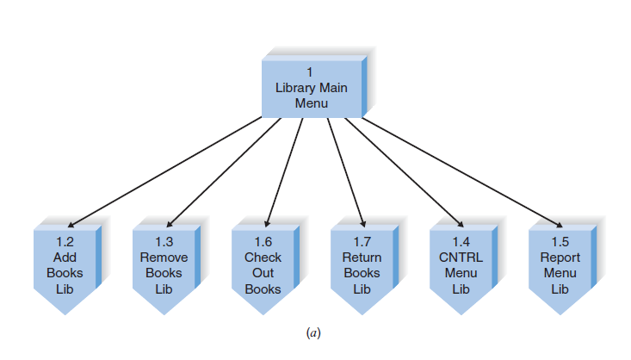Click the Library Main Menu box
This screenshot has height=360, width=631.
[x=311, y=88]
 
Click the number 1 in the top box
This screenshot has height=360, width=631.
[x=311, y=72]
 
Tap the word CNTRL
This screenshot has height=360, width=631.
[x=461, y=258]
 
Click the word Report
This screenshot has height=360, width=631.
[x=560, y=258]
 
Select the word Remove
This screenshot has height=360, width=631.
[x=164, y=258]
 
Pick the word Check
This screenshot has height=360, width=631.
[x=263, y=258]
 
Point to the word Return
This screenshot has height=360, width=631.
[x=362, y=258]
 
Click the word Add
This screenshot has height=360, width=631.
[x=65, y=258]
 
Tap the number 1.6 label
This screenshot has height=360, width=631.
[x=263, y=242]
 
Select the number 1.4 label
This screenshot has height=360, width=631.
[x=461, y=242]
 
